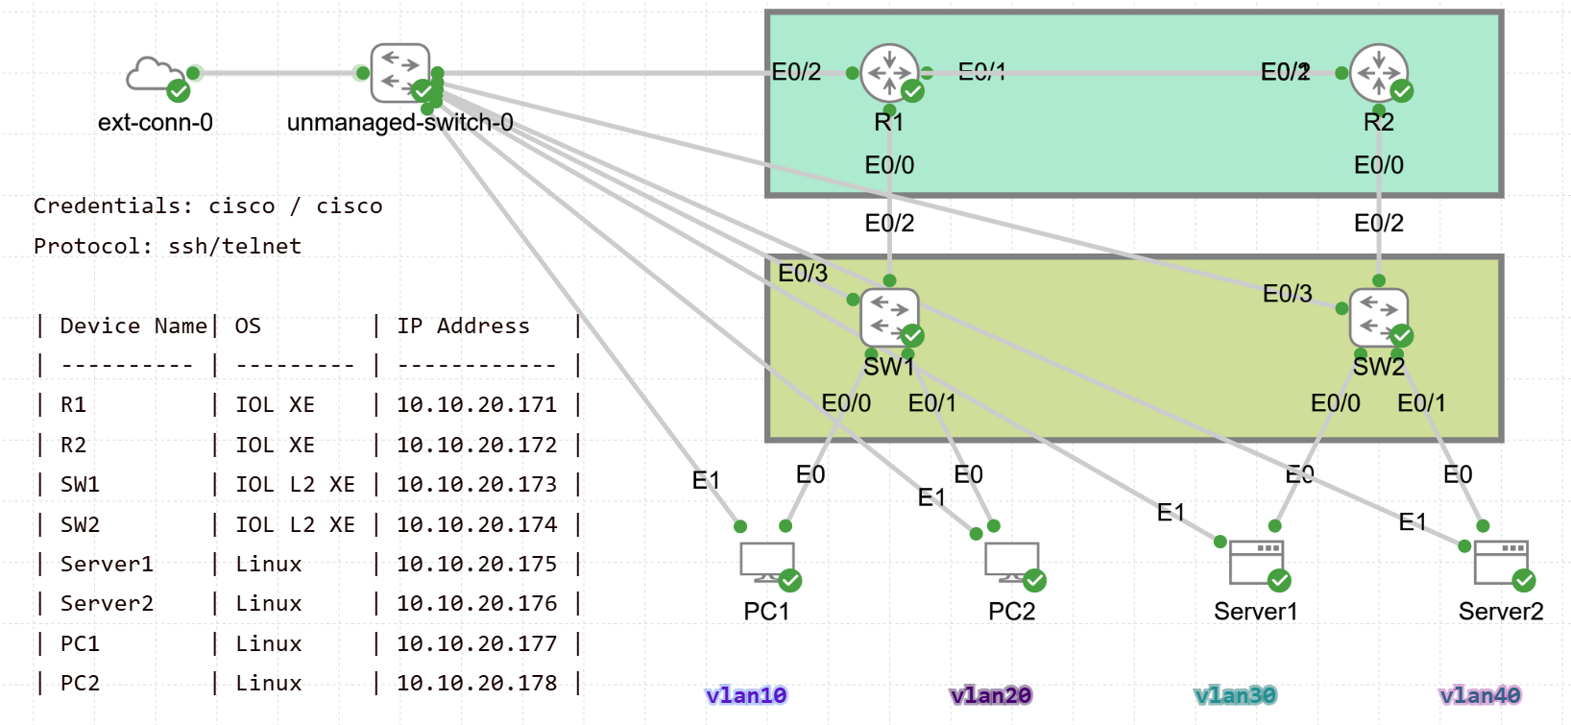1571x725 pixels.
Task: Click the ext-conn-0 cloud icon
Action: click(155, 75)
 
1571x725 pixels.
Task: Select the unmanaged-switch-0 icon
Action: click(399, 72)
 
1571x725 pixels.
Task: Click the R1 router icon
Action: click(889, 72)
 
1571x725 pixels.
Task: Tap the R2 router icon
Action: click(1378, 72)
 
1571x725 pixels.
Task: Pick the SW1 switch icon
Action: click(889, 317)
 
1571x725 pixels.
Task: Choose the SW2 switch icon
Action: click(1378, 317)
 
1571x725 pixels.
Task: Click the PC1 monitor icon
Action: click(767, 563)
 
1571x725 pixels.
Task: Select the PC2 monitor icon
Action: click(1011, 563)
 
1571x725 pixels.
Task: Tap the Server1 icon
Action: click(1256, 563)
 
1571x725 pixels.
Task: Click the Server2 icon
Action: click(1500, 563)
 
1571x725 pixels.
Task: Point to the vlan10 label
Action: click(746, 695)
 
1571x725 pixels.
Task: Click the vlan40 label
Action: click(1480, 695)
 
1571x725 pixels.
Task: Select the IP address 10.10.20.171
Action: click(476, 405)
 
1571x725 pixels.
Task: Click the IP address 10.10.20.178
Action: click(476, 684)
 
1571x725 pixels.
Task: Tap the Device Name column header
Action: click(133, 326)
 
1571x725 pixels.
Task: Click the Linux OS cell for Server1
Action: click(269, 565)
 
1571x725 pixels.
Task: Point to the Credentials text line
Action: click(207, 206)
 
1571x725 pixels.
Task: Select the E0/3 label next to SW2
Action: click(1287, 294)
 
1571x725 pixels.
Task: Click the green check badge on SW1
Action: click(912, 335)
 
